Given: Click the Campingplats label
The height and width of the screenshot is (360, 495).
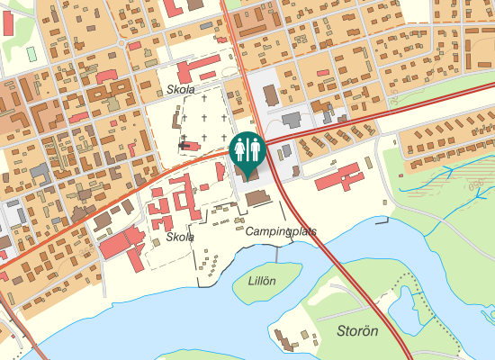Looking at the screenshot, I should [x=282, y=231].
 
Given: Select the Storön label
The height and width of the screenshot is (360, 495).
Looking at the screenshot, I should [x=357, y=330].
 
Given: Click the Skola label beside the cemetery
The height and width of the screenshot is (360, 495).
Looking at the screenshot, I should [x=181, y=89].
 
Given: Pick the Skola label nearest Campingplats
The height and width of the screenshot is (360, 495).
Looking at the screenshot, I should [x=180, y=238].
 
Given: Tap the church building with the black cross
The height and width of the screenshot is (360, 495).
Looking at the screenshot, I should [x=189, y=145].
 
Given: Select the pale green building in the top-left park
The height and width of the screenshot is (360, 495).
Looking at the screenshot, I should [x=32, y=53].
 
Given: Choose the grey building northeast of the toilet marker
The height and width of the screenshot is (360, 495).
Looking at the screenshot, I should [x=292, y=118].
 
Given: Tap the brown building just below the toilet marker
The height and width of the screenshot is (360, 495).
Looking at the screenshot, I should [x=256, y=196].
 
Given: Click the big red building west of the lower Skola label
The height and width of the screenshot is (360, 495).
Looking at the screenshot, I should [x=121, y=242].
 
